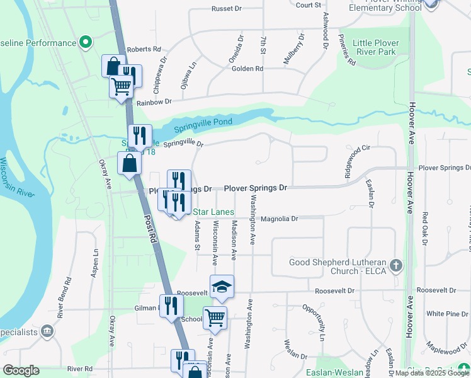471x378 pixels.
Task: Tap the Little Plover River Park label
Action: pyautogui.click(x=375, y=47)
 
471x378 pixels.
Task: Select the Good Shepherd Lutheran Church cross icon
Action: pyautogui.click(x=395, y=265)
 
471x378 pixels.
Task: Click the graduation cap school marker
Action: pyautogui.click(x=222, y=287)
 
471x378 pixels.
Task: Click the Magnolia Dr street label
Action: pyautogui.click(x=279, y=219)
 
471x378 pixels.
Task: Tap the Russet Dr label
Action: pyautogui.click(x=227, y=9)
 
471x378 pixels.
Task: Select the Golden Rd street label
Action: pyautogui.click(x=247, y=69)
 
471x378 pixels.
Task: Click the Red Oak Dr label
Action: pyautogui.click(x=425, y=228)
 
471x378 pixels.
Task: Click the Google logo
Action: pyautogui.click(x=21, y=370)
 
